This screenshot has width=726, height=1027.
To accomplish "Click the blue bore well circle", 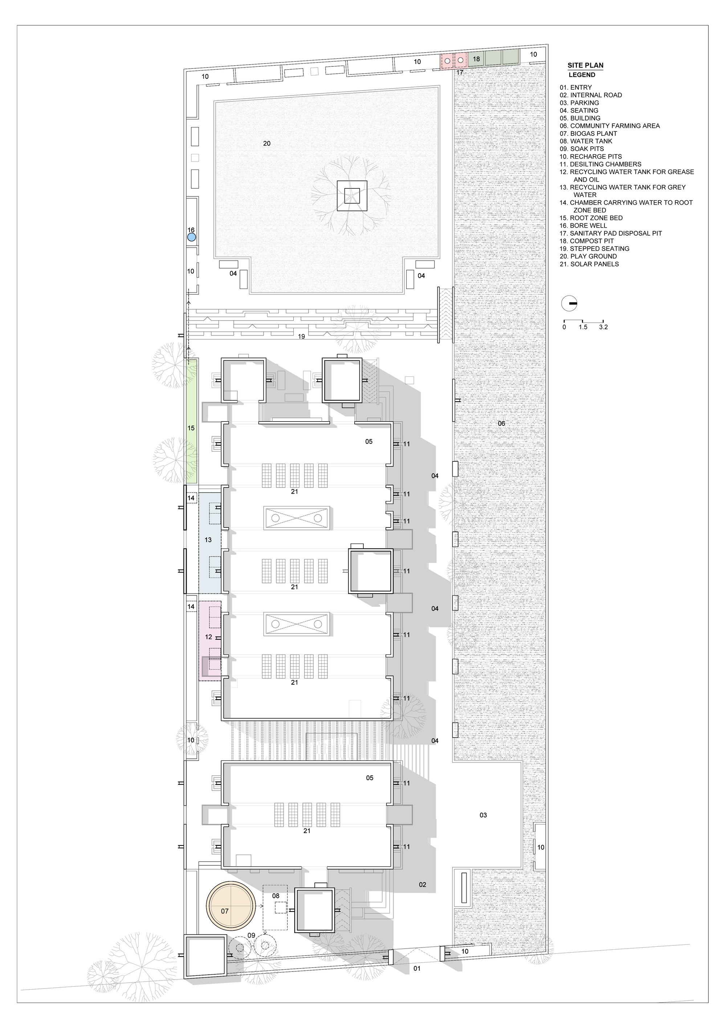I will click(x=191, y=237).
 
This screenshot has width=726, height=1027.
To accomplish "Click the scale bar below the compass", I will click(x=583, y=321).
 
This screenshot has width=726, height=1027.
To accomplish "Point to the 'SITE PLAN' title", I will click(x=586, y=65).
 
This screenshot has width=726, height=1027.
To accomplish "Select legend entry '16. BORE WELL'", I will click(x=583, y=225).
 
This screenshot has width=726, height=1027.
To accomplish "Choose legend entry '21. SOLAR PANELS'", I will click(x=589, y=264).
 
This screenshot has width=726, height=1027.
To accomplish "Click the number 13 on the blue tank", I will click(x=208, y=540).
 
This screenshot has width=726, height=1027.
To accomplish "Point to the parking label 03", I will click(x=483, y=815).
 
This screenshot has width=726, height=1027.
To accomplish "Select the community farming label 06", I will click(x=501, y=423).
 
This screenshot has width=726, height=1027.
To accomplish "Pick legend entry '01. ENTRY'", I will click(x=576, y=87).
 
